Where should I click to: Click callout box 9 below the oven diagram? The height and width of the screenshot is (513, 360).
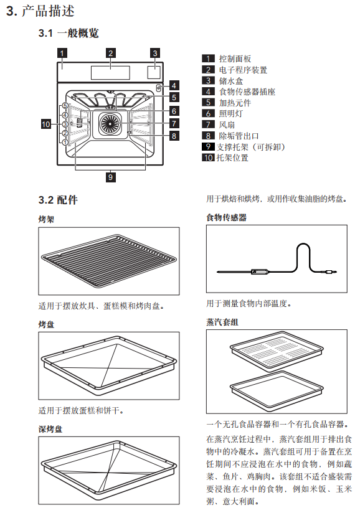pyautogui.click(x=111, y=177)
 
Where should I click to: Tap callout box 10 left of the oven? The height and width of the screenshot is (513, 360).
pyautogui.click(x=46, y=124)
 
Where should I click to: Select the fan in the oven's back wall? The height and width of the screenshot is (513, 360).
pyautogui.click(x=110, y=123)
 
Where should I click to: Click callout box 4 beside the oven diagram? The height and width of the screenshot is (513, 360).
pyautogui.click(x=174, y=86)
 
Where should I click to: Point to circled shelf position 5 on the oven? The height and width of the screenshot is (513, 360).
pyautogui.click(x=65, y=106)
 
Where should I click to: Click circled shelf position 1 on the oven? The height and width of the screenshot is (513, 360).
pyautogui.click(x=65, y=143)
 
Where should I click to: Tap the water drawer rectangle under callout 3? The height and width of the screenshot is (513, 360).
pyautogui.click(x=154, y=72)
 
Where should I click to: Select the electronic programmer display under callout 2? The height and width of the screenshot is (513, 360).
pyautogui.click(x=111, y=72)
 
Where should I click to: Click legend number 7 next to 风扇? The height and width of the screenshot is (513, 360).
pyautogui.click(x=208, y=125)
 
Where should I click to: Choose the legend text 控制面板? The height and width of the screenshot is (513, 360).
pyautogui.click(x=235, y=59)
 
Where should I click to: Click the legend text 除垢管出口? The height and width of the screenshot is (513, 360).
pyautogui.click(x=239, y=136)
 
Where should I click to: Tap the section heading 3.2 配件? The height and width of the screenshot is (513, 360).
pyautogui.click(x=58, y=200)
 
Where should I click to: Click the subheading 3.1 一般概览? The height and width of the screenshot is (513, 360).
pyautogui.click(x=69, y=33)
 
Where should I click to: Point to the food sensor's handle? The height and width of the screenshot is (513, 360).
pyautogui.click(x=260, y=271)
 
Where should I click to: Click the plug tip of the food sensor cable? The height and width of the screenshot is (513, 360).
pyautogui.click(x=334, y=271)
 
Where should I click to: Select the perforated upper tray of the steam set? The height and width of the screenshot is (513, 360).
pyautogui.click(x=277, y=351)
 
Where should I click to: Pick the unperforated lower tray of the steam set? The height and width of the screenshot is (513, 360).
pyautogui.click(x=277, y=390)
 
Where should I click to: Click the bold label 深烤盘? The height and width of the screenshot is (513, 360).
pyautogui.click(x=50, y=429)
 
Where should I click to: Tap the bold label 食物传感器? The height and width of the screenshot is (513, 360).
pyautogui.click(x=227, y=217)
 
